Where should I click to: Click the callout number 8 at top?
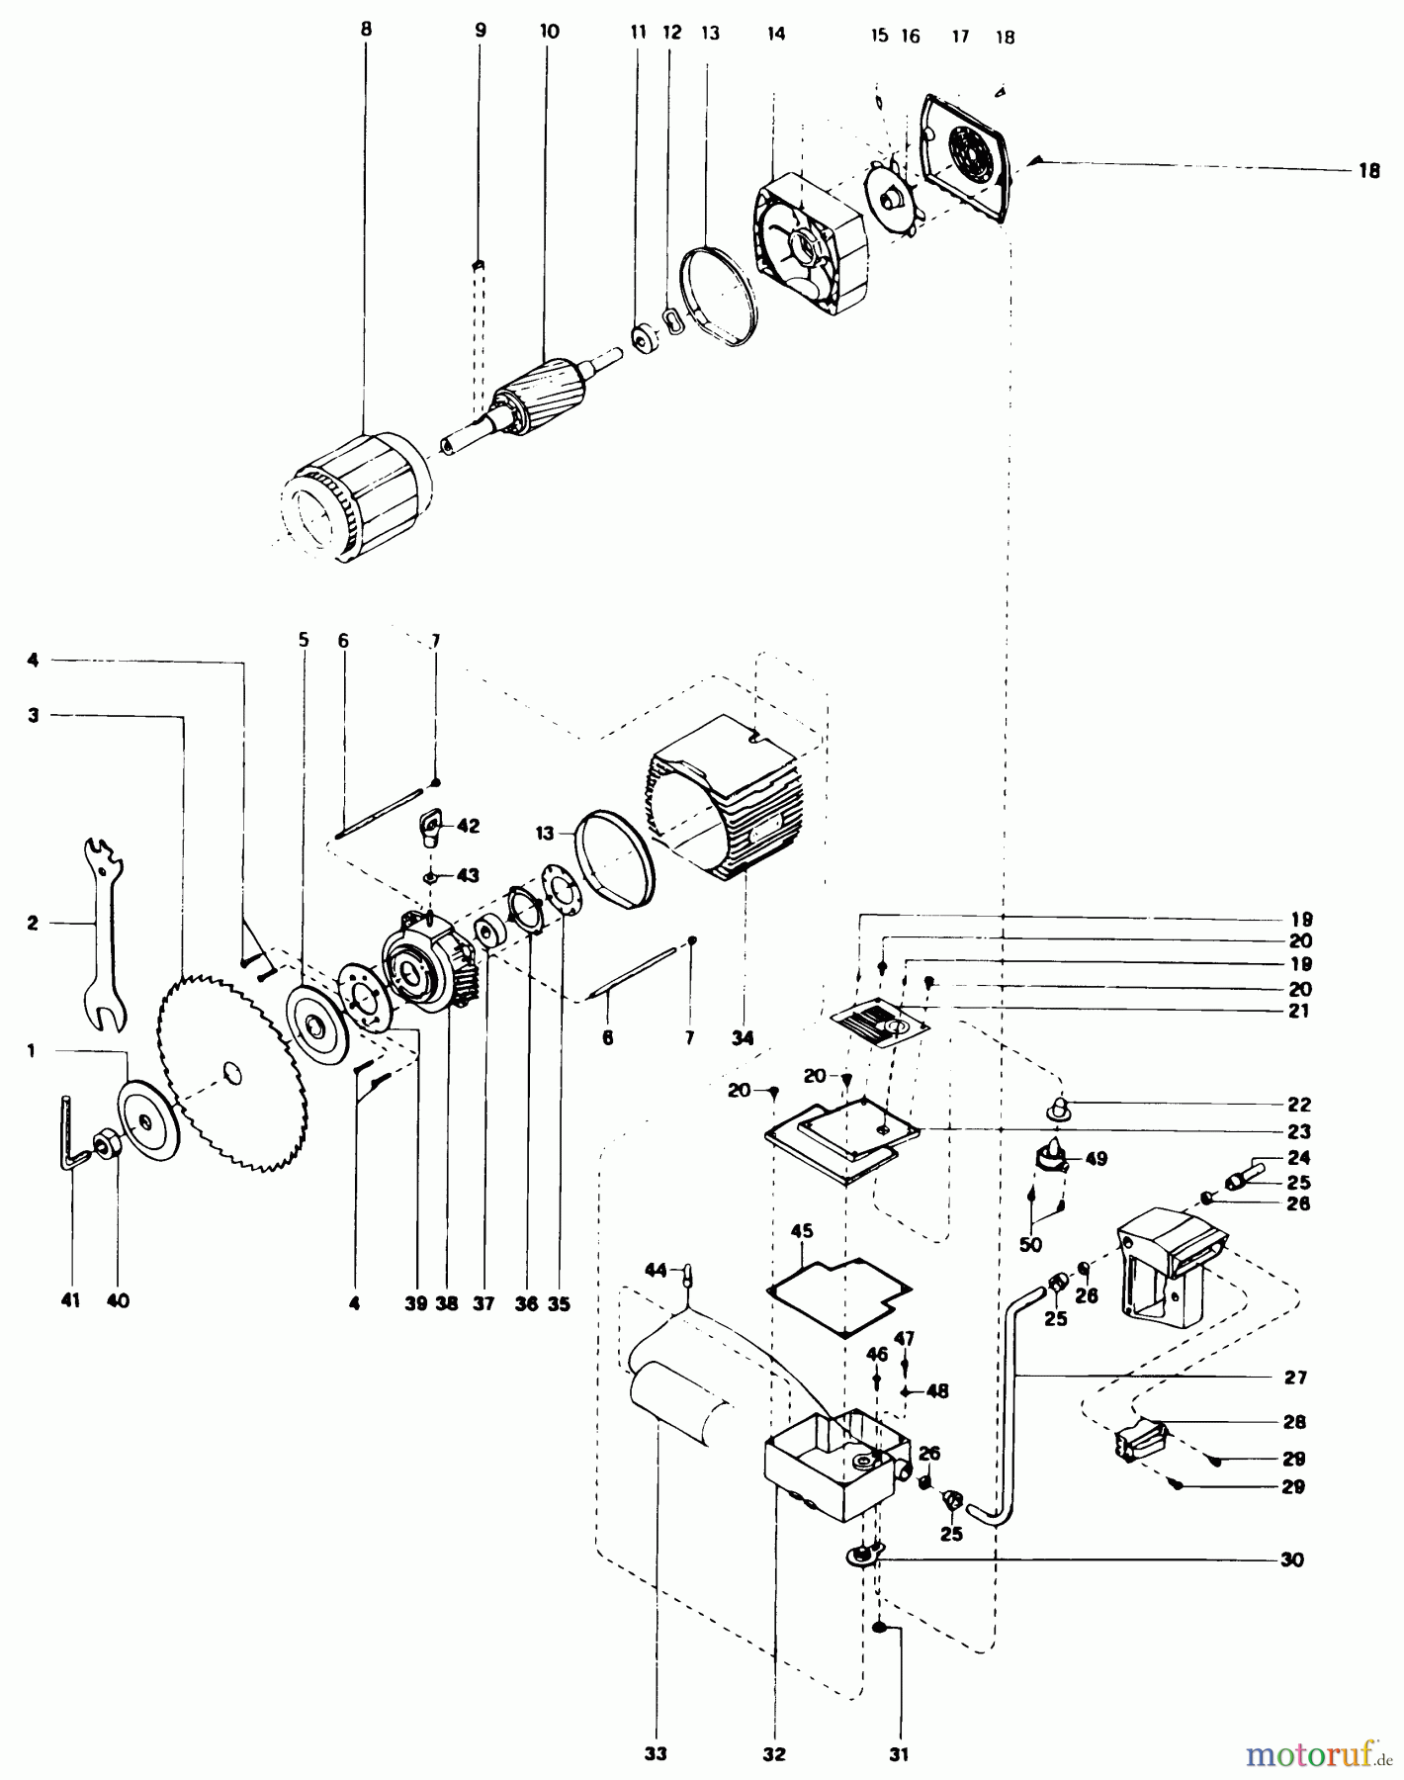pos(366,30)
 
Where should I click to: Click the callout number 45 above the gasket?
pos(802,1231)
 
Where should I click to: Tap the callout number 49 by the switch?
pos(1097,1159)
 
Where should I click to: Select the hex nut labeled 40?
pos(103,1147)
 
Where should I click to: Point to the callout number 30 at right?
pos(1291,1560)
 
